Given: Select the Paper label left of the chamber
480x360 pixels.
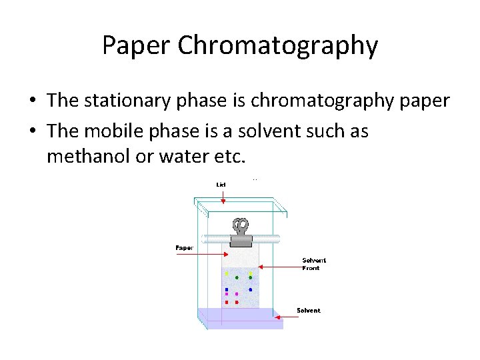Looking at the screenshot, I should point(185,247).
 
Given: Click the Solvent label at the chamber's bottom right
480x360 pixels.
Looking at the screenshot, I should point(308,310).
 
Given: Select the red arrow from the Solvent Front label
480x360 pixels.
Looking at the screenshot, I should point(280,267).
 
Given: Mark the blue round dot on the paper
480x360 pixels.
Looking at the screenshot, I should point(250,289).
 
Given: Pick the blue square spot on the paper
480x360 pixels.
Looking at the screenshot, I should point(227,289).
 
